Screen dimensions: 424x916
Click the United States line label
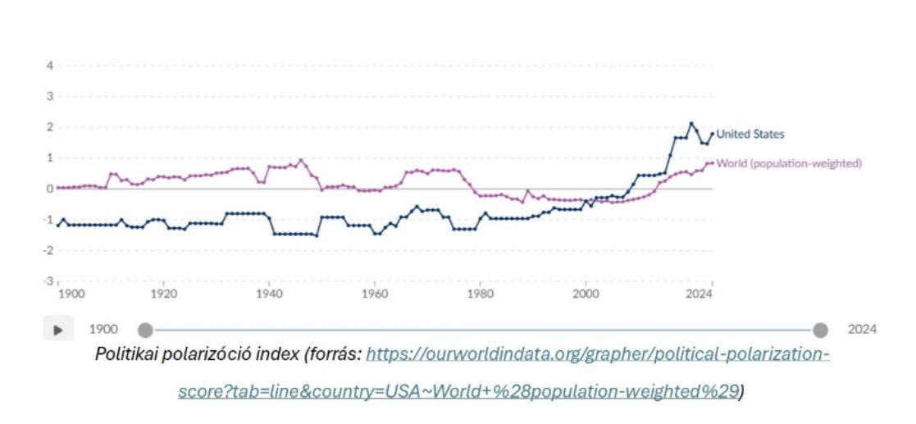coord(750,134)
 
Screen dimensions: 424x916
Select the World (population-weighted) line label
coord(788,163)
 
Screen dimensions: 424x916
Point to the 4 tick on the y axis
coord(50,66)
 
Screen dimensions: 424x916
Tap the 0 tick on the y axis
coord(50,189)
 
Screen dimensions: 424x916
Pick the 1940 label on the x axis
coord(269,293)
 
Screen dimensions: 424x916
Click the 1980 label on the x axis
coord(480,293)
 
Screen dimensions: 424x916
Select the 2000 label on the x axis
coord(586,293)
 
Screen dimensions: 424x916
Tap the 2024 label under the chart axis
coord(700,293)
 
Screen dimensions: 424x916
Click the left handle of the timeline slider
coord(145,330)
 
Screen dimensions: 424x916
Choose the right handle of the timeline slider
coord(820,330)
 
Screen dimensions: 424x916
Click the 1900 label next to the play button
coord(103,330)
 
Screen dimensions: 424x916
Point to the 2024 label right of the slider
coord(862,330)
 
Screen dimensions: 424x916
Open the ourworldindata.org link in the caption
coord(598,355)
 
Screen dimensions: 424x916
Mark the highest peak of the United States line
coord(691,123)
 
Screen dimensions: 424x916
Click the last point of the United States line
coord(712,134)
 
